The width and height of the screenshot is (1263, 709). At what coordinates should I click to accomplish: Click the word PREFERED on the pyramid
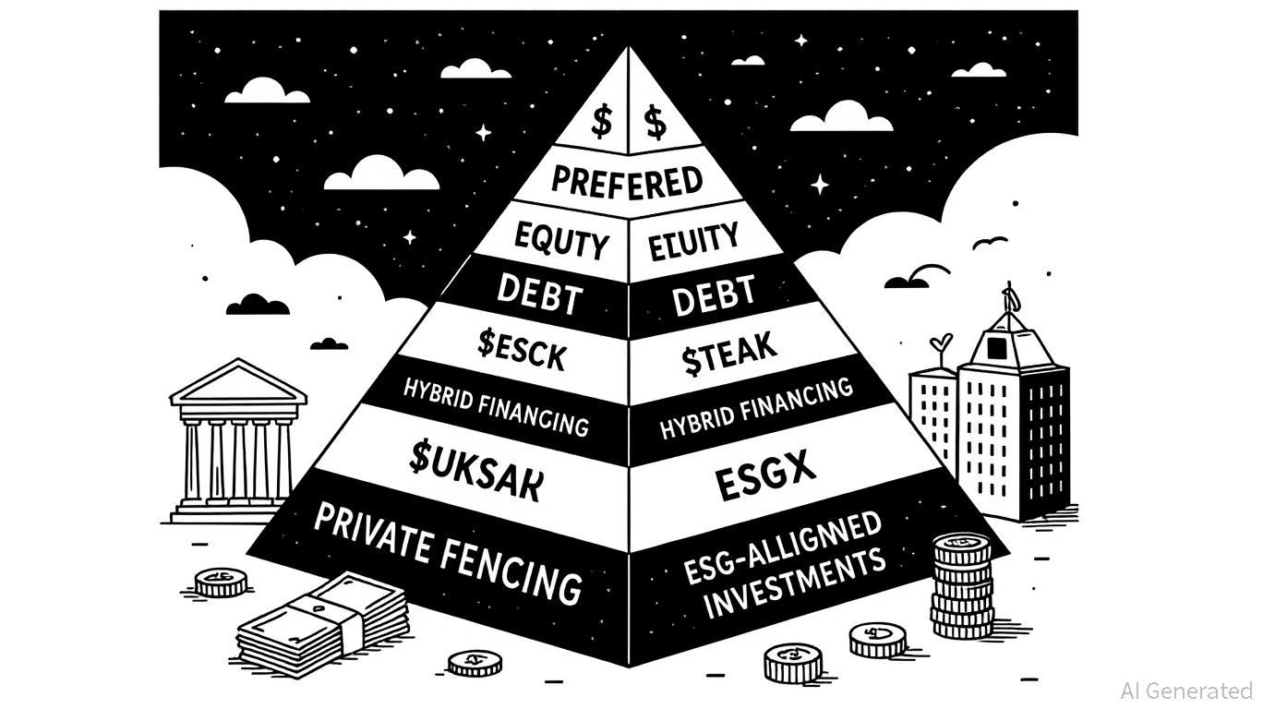pos(628,179)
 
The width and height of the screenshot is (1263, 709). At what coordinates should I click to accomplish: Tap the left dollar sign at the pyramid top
pos(602,121)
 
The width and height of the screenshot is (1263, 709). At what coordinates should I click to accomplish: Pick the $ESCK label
pos(521,352)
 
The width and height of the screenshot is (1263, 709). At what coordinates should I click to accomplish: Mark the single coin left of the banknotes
pos(221,582)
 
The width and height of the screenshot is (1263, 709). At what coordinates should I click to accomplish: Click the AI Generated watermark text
pos(1185,691)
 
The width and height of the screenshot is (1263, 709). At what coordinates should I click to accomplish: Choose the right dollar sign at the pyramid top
pos(656,121)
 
